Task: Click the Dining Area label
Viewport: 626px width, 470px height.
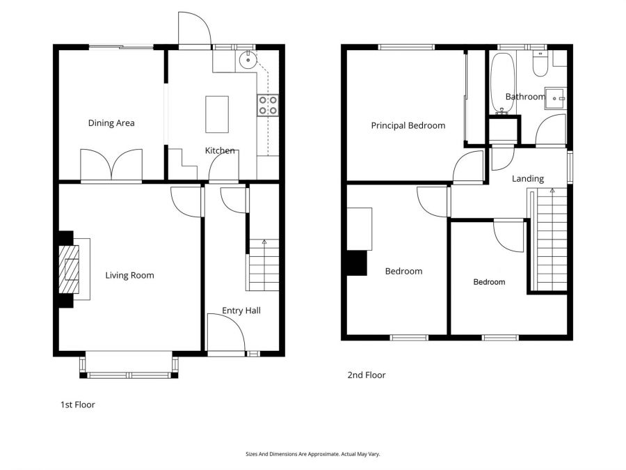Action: [x=111, y=123]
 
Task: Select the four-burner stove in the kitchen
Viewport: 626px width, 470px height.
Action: [x=268, y=105]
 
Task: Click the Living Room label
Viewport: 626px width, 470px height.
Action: [x=129, y=275]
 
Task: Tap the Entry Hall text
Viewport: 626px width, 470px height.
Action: [x=241, y=311]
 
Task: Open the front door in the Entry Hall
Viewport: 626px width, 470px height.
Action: [x=226, y=334]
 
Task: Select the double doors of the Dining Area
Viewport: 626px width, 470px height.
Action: [x=111, y=165]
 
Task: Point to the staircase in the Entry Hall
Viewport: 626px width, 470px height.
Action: [x=264, y=265]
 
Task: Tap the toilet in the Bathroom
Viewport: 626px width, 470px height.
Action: [x=539, y=65]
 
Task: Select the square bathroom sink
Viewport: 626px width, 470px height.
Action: [x=556, y=99]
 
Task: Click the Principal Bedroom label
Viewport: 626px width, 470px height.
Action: [x=408, y=126]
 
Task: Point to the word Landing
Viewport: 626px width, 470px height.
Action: [x=527, y=179]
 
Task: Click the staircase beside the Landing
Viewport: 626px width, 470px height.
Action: [x=552, y=240]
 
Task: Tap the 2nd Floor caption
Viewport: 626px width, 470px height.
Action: [x=367, y=375]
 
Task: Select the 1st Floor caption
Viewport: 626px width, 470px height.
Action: [x=77, y=405]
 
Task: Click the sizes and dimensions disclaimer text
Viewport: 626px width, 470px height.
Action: [x=313, y=454]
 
